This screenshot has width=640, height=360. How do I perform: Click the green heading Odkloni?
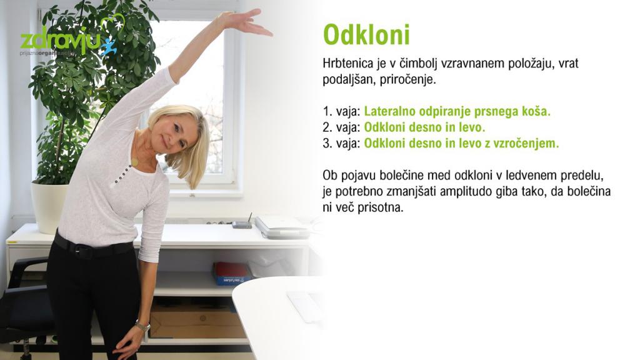click(x=366, y=35)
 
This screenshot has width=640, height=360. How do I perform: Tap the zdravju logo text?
click(x=61, y=40)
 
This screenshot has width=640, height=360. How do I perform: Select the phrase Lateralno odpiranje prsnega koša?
click(x=457, y=111)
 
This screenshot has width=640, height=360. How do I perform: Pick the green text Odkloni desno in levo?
click(x=424, y=127)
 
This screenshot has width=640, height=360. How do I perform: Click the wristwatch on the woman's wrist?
click(x=142, y=326)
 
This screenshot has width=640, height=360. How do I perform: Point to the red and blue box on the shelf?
click(x=231, y=274)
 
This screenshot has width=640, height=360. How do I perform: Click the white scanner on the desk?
click(x=282, y=227)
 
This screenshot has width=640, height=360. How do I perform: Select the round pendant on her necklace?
click(x=134, y=162)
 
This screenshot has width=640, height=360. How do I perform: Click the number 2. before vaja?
click(x=327, y=127)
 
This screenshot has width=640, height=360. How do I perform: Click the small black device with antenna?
click(x=242, y=223)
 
